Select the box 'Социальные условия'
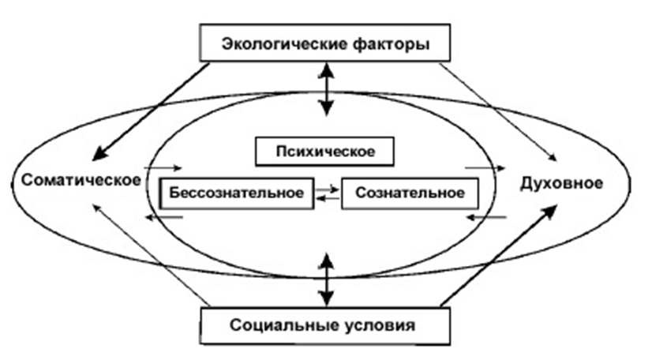pos(325,324)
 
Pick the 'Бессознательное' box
pos(236,192)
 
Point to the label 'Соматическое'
pos(77,181)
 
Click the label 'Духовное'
pos(562,183)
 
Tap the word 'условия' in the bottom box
pos(383,324)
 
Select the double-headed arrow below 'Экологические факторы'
pos(325,88)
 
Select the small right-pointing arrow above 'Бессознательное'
pos(167,168)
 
